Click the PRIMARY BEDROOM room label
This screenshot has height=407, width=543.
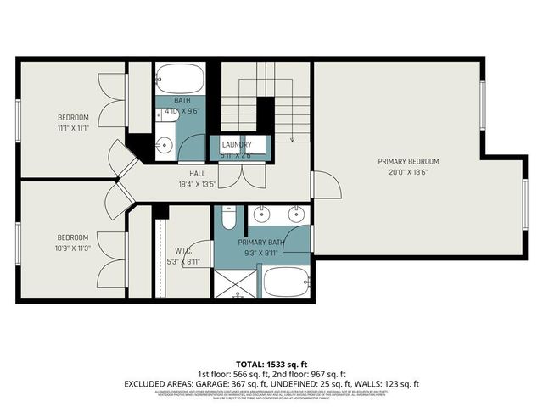pos(409,161)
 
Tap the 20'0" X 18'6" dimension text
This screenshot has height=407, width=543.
pos(409,171)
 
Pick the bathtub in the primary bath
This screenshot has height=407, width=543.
pos(286,282)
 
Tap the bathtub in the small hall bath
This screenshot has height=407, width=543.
pos(181,81)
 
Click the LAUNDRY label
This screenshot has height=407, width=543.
pos(237,145)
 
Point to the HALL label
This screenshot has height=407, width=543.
pos(197,173)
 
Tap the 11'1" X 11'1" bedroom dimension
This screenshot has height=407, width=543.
pos(73,127)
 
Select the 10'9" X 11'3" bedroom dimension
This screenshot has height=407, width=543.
pos(73,248)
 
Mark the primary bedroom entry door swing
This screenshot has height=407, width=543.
pos(326,185)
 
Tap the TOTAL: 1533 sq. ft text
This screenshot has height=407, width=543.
pos(271,362)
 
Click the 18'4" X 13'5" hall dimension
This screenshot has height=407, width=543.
pos(197,183)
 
